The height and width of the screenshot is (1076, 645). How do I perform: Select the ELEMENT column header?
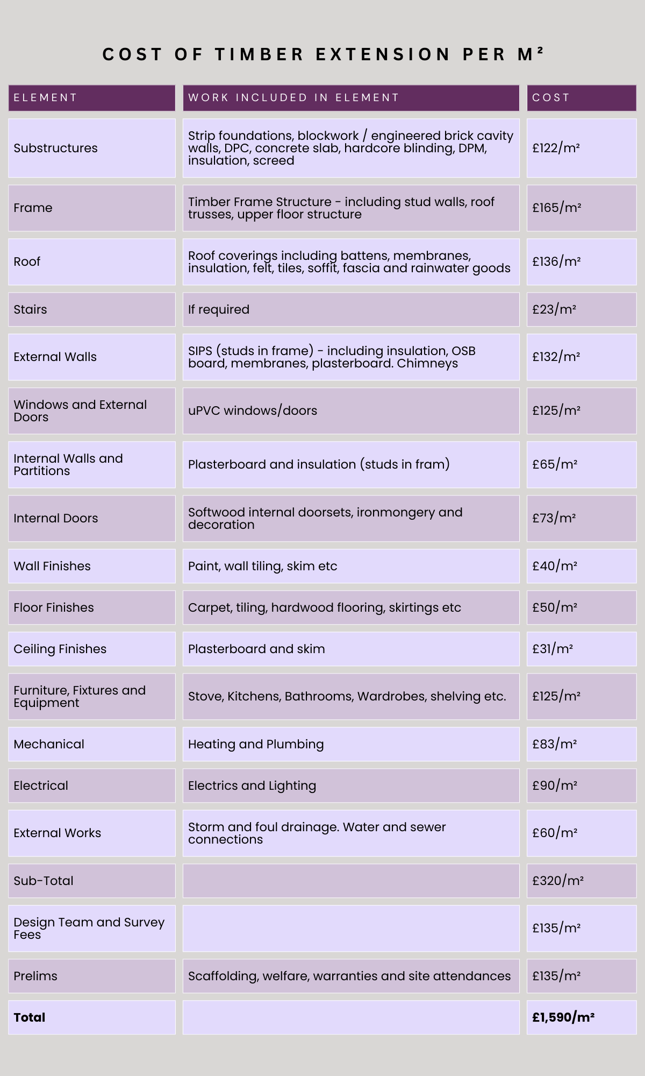pyautogui.click(x=46, y=98)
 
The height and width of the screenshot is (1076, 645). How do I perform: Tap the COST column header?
pyautogui.click(x=550, y=98)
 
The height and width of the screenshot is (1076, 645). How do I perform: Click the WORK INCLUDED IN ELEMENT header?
pyautogui.click(x=293, y=98)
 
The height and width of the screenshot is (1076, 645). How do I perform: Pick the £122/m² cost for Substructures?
pyautogui.click(x=556, y=148)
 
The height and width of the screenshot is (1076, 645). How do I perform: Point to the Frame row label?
pyautogui.click(x=33, y=208)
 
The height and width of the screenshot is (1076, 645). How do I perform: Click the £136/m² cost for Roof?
pyautogui.click(x=556, y=261)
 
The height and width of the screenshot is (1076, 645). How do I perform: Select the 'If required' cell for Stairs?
pyautogui.click(x=218, y=309)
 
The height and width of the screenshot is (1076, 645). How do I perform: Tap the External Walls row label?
pyautogui.click(x=55, y=357)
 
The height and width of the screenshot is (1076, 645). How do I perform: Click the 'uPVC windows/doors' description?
pyautogui.click(x=252, y=410)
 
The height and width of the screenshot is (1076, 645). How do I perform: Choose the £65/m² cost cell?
pyautogui.click(x=555, y=464)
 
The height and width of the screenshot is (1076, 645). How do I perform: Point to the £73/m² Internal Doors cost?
pyautogui.click(x=554, y=518)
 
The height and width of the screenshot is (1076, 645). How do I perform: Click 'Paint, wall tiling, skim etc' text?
pyautogui.click(x=262, y=566)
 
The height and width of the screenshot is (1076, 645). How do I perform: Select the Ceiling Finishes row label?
pyautogui.click(x=60, y=649)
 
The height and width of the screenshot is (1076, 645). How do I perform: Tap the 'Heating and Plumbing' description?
pyautogui.click(x=256, y=744)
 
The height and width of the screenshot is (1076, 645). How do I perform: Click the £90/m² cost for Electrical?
pyautogui.click(x=555, y=785)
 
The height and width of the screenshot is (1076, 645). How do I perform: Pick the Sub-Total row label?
pyautogui.click(x=43, y=881)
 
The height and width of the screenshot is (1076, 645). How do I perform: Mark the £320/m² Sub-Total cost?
pyautogui.click(x=558, y=881)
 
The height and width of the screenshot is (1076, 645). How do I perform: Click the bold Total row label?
pyautogui.click(x=29, y=1017)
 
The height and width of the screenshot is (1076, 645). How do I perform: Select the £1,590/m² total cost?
pyautogui.click(x=563, y=1017)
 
